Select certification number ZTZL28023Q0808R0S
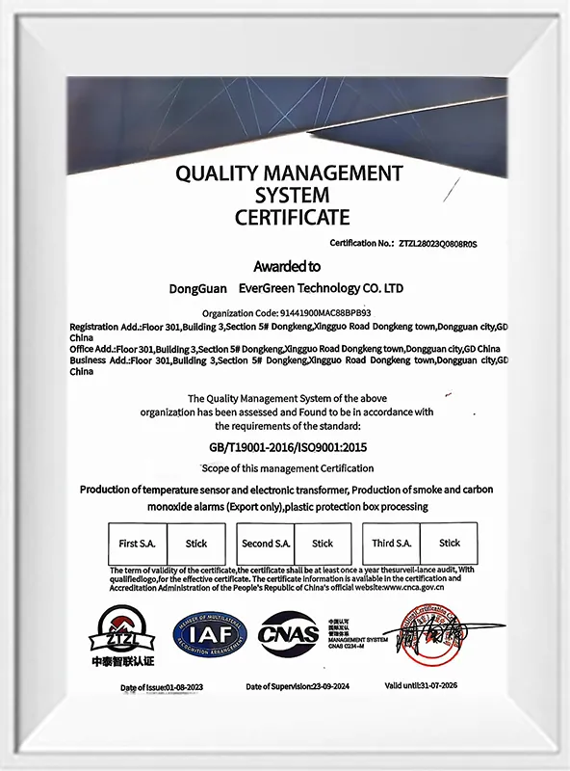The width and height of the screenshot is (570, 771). [437, 245]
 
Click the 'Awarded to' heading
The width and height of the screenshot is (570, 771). [287, 266]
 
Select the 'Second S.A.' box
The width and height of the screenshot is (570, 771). [266, 544]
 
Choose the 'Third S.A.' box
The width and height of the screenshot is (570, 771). [392, 544]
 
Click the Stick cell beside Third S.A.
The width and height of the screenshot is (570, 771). [450, 544]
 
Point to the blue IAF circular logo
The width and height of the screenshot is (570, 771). [210, 634]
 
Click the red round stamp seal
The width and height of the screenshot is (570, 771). [433, 631]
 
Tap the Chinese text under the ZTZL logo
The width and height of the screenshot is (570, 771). [122, 663]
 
